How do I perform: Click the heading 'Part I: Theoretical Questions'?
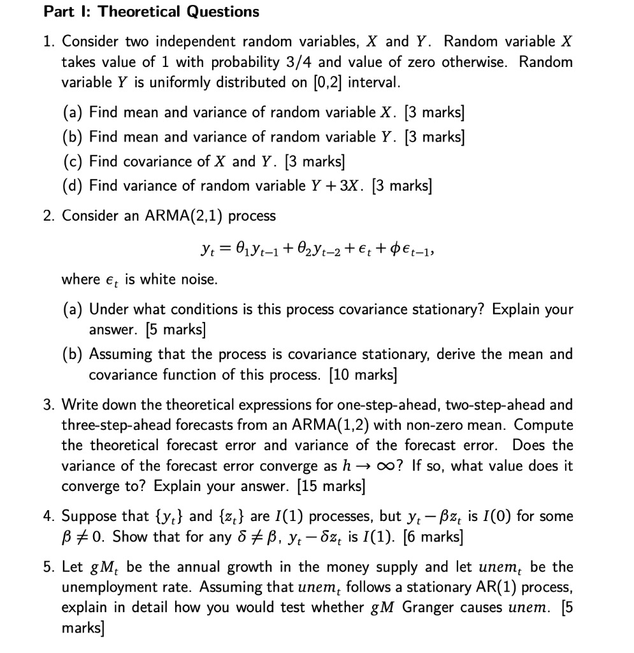click(151, 11)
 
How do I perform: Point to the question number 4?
click(48, 516)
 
